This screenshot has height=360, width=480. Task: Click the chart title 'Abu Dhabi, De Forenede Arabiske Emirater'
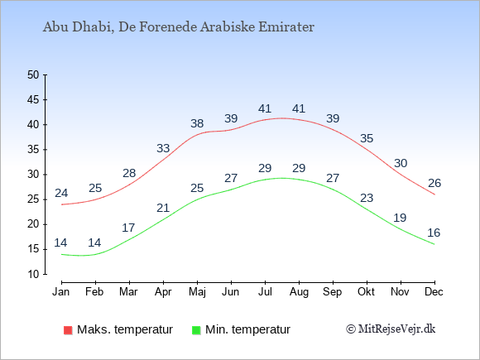coord(179,27)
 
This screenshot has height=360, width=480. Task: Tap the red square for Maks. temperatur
coord(68,330)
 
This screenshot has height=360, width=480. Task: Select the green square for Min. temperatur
coord(196,330)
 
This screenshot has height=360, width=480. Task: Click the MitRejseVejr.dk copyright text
coord(391,329)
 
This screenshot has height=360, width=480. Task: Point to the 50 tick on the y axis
coord(33,74)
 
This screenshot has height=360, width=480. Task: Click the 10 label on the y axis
coord(33,274)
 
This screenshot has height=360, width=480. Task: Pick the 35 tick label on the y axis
coord(33,150)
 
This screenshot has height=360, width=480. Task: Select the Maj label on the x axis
coord(197,292)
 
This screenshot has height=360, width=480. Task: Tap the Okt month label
coord(366,292)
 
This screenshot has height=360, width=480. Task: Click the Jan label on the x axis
coord(61,292)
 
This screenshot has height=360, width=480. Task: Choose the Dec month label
coord(434,292)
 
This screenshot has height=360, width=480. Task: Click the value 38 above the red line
coord(197,123)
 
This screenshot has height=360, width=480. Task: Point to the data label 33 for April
coord(163,148)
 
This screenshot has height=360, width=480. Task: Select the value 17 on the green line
coord(128,228)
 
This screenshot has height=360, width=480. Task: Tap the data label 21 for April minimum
coord(163,209)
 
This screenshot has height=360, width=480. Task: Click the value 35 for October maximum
coord(367,139)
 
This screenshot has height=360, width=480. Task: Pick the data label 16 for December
coord(434,233)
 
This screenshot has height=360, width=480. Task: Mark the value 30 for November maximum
coord(401,164)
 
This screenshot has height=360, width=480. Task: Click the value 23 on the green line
coord(367,198)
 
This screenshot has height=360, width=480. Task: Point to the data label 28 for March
coord(129,173)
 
